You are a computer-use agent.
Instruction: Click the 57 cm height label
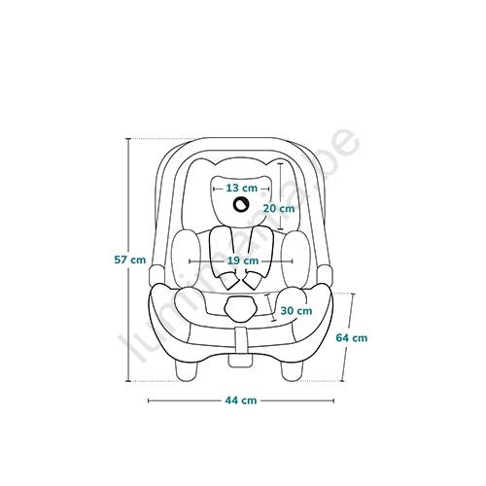pyautogui.click(x=130, y=260)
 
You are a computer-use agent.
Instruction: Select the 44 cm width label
pyautogui.click(x=241, y=400)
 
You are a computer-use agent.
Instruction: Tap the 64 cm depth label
pyautogui.click(x=352, y=338)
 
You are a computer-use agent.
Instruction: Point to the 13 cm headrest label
pyautogui.click(x=242, y=188)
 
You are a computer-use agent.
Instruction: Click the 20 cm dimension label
pyautogui.click(x=279, y=208)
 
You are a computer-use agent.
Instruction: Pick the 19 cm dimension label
pyautogui.click(x=243, y=260)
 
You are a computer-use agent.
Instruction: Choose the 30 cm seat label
pyautogui.click(x=296, y=311)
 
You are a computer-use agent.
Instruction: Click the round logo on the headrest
pyautogui.click(x=241, y=204)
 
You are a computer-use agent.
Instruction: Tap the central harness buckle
pyautogui.click(x=241, y=308)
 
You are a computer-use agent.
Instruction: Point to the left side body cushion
pyautogui.click(x=186, y=259)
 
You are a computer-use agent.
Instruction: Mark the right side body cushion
pyautogui.click(x=295, y=259)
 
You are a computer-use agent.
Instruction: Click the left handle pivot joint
pyautogui.click(x=156, y=275)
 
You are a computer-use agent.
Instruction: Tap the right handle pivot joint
pyautogui.click(x=326, y=275)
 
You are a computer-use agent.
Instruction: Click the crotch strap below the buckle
pyautogui.click(x=240, y=340)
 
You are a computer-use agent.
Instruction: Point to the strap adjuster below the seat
pyautogui.click(x=240, y=361)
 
